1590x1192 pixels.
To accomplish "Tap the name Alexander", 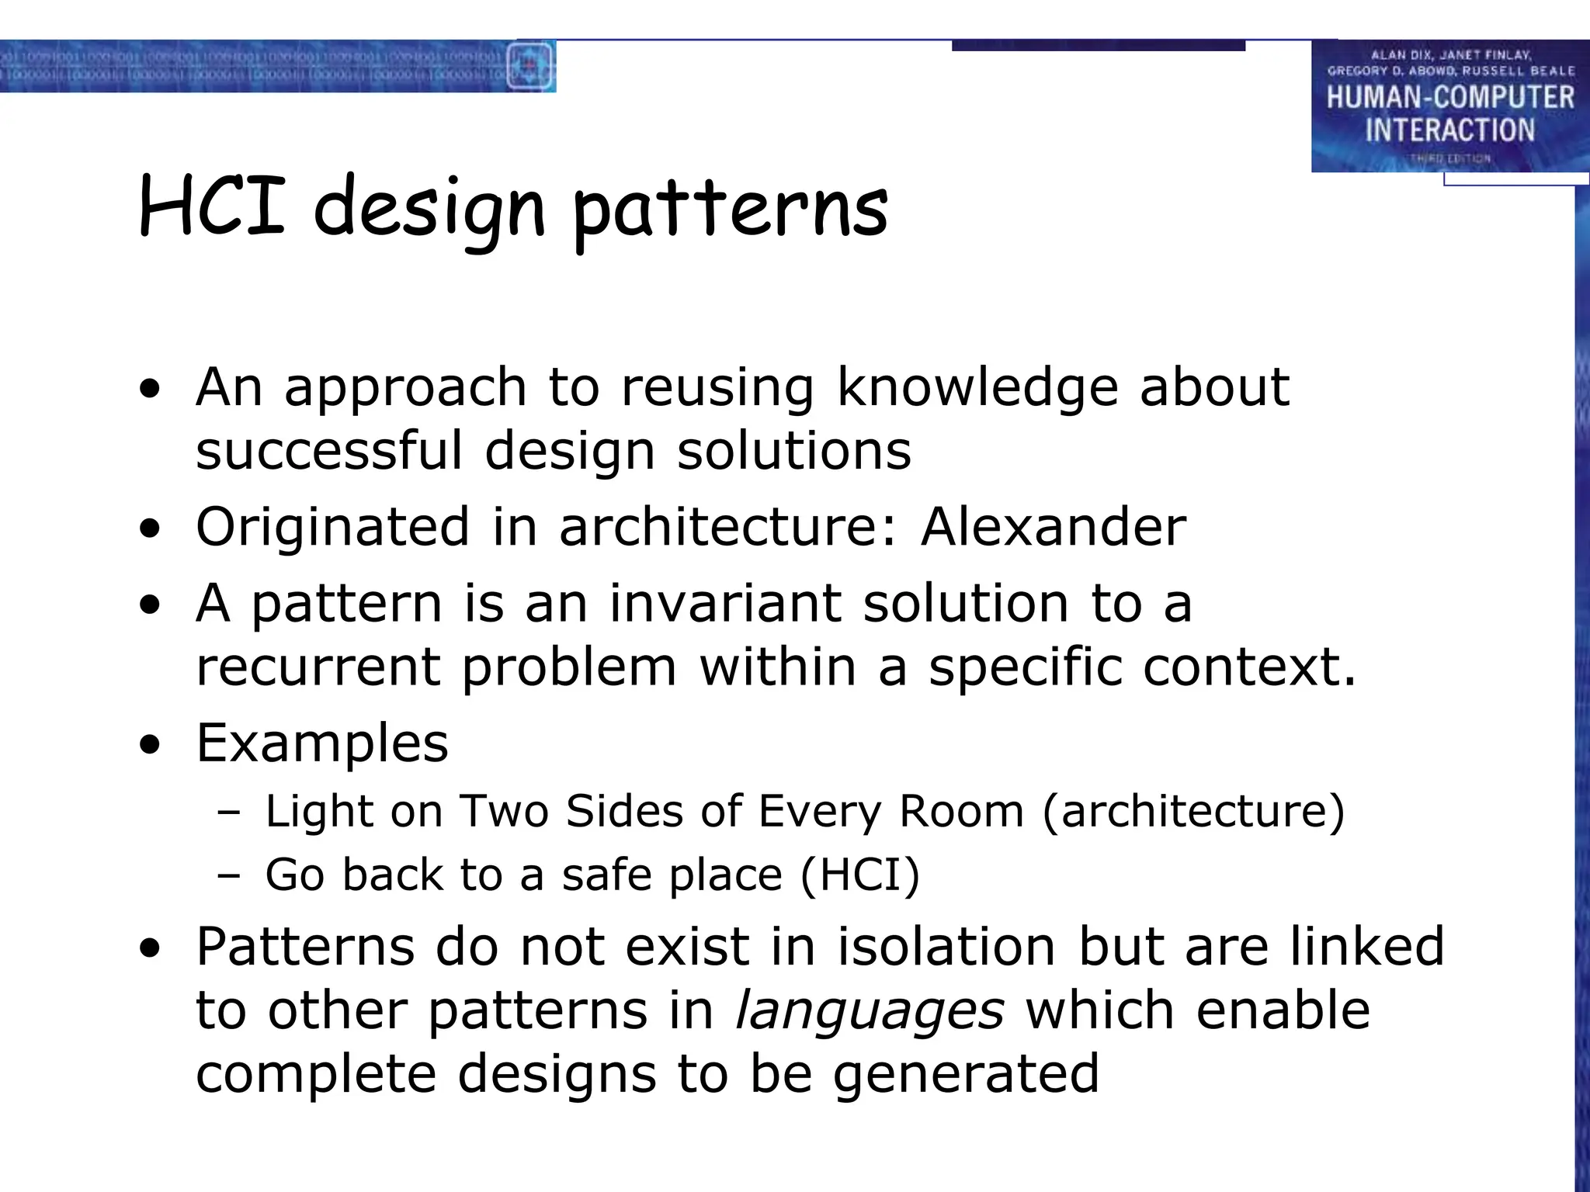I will point(1053,527).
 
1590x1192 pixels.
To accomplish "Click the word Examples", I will point(322,743).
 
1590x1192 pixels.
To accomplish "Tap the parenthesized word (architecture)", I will point(1193,812).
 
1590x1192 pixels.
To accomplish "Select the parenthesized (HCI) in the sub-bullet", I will point(859,875).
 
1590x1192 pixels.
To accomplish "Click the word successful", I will point(329,451).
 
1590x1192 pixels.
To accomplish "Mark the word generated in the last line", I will point(966,1074).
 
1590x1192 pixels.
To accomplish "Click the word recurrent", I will point(318,667).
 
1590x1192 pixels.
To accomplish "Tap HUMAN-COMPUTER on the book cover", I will point(1449,98).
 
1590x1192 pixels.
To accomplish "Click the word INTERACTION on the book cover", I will point(1449,130).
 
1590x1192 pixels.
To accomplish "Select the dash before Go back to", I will point(229,876).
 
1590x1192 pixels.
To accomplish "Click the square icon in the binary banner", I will point(529,66).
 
